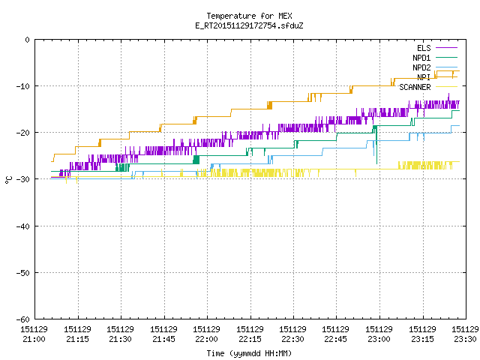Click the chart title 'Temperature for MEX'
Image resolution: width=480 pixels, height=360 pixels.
pyautogui.click(x=249, y=16)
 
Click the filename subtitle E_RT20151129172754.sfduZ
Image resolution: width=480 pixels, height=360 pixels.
pyautogui.click(x=249, y=25)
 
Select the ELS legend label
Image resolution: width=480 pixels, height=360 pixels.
pyautogui.click(x=424, y=48)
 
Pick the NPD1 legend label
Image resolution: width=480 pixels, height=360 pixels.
pyautogui.click(x=421, y=58)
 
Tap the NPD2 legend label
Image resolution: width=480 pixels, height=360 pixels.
pyautogui.click(x=421, y=67)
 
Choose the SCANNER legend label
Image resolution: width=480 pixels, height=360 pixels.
pyautogui.click(x=415, y=87)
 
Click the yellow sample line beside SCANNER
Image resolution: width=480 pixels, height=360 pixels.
pyautogui.click(x=446, y=87)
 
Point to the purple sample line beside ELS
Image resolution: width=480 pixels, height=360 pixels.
pyautogui.click(x=446, y=48)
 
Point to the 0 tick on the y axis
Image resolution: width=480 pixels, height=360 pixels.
pyautogui.click(x=28, y=40)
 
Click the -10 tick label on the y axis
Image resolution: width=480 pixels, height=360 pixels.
pyautogui.click(x=23, y=86)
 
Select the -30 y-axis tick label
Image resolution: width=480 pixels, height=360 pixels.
pyautogui.click(x=23, y=179)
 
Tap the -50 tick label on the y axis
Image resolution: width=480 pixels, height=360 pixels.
pyautogui.click(x=23, y=273)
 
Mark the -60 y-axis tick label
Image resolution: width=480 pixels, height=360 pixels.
pyautogui.click(x=23, y=319)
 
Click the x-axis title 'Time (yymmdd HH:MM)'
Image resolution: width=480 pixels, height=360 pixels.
pyautogui.click(x=249, y=353)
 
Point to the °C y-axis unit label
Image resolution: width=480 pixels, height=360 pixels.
pyautogui.click(x=8, y=180)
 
